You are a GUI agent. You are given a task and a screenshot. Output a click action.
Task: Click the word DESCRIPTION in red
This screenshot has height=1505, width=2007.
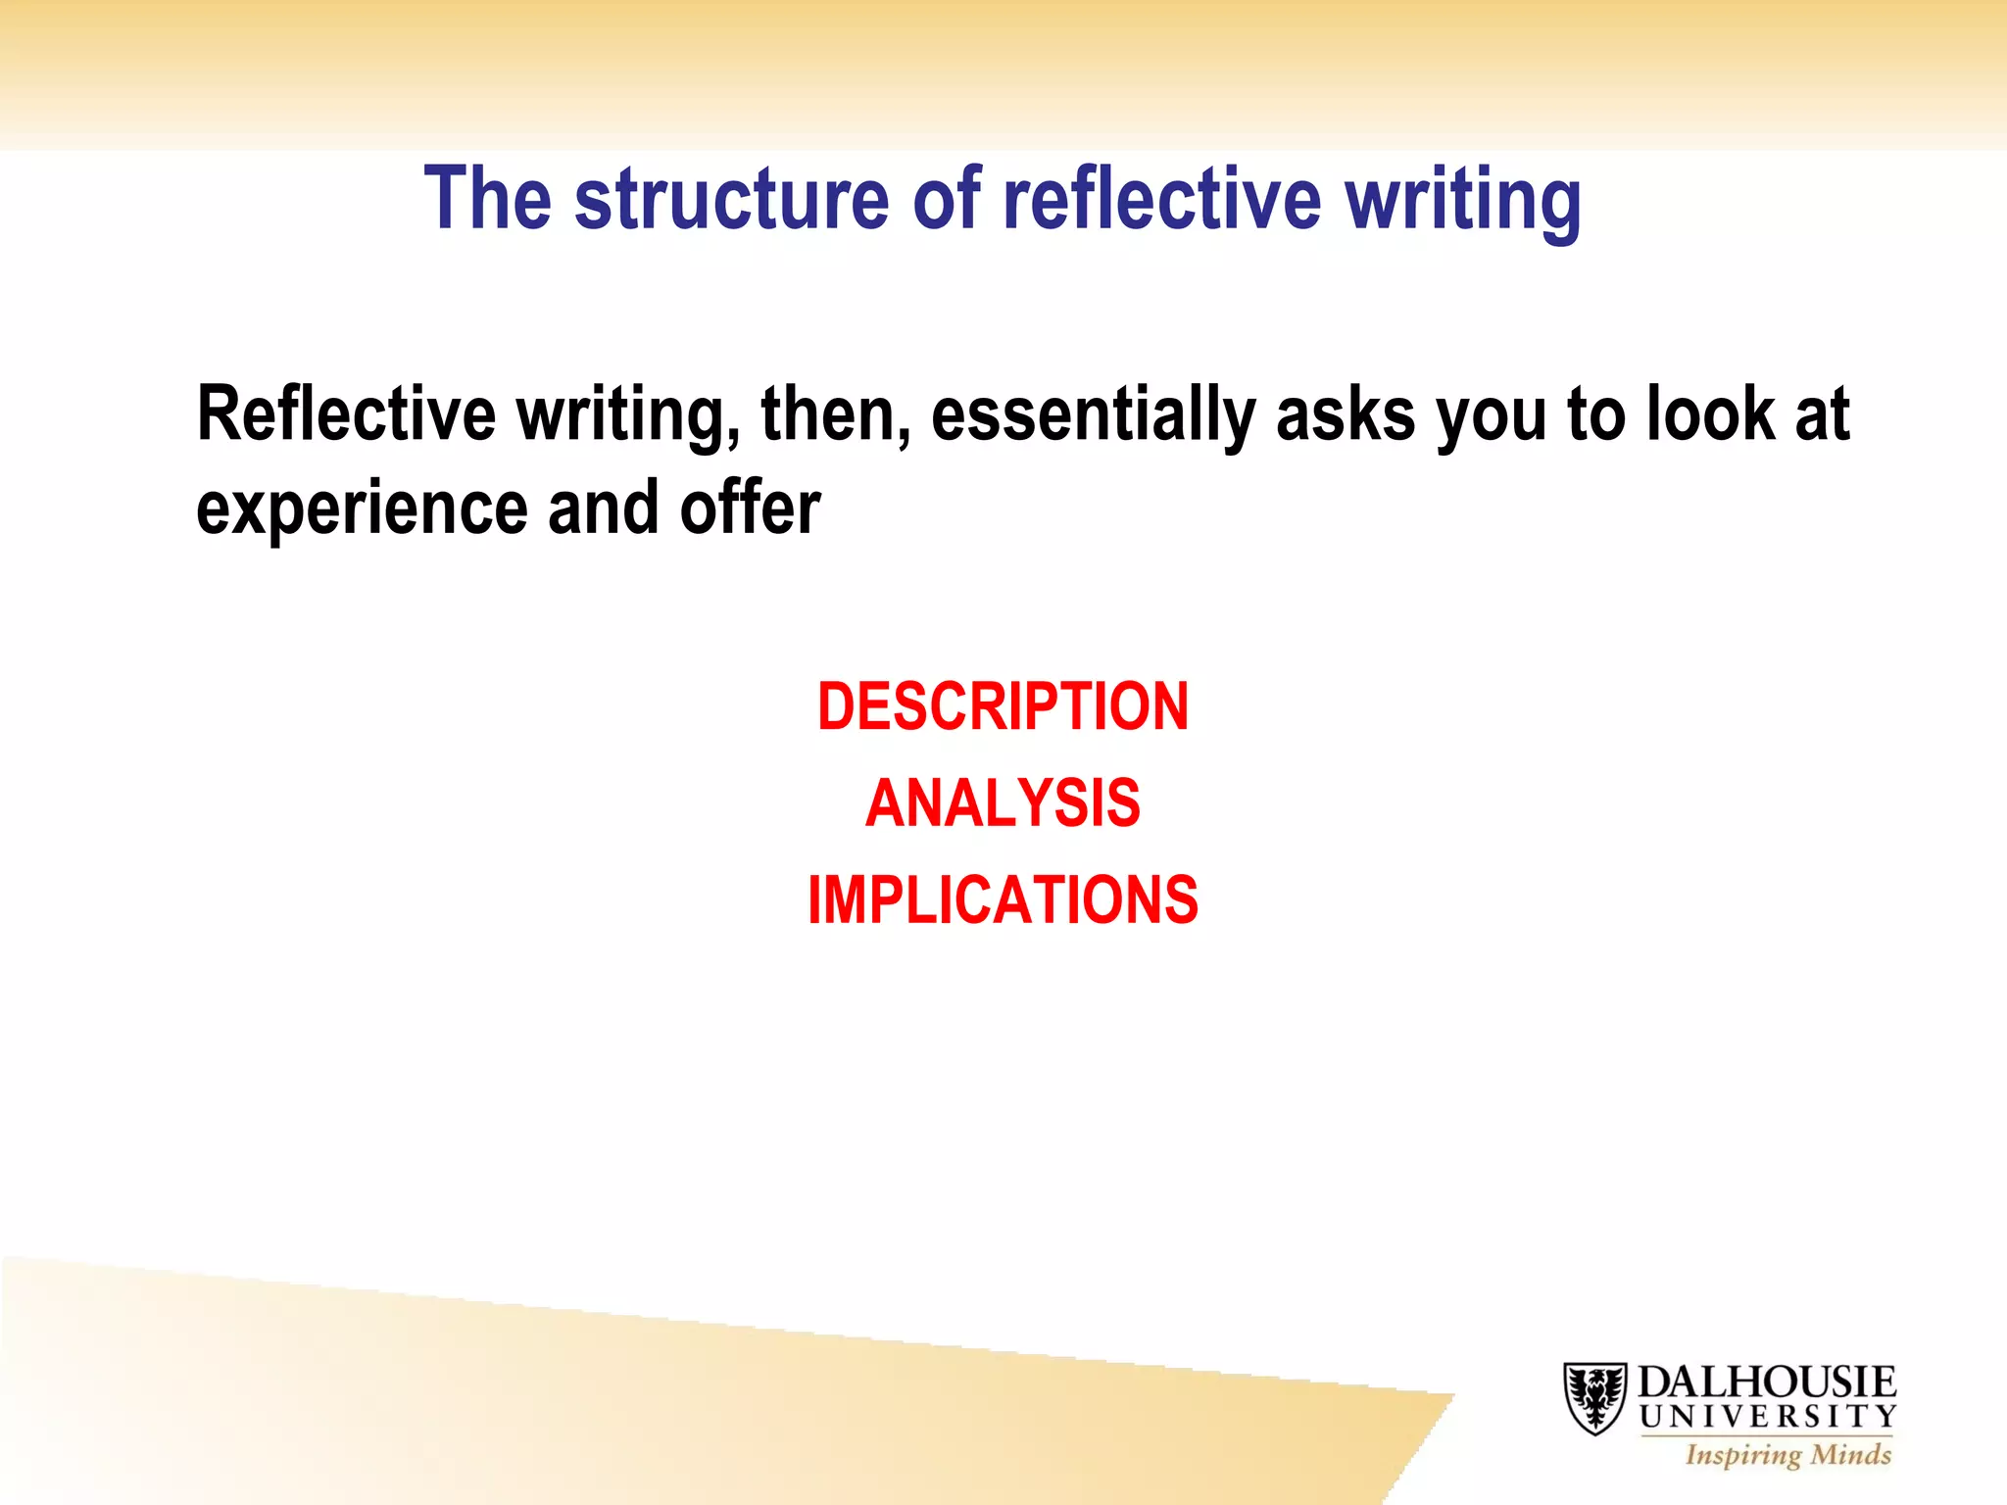pyautogui.click(x=1003, y=706)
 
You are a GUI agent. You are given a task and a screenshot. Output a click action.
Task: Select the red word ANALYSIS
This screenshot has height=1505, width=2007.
pyautogui.click(x=1003, y=803)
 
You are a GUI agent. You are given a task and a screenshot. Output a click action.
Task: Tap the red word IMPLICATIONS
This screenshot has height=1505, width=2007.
pyautogui.click(x=1003, y=899)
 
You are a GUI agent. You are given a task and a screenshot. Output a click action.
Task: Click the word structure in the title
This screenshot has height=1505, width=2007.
pyautogui.click(x=731, y=199)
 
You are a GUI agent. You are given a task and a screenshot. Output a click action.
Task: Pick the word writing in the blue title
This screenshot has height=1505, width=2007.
pyautogui.click(x=1462, y=201)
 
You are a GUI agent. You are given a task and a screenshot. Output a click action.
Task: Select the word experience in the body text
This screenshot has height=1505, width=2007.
pyautogui.click(x=362, y=510)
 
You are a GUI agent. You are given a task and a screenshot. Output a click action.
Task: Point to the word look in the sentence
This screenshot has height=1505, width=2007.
pyautogui.click(x=1710, y=414)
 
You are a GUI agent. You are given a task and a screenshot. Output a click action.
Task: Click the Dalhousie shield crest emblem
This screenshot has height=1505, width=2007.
pyautogui.click(x=1594, y=1397)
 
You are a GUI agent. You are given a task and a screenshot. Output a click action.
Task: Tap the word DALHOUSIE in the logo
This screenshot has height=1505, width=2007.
pyautogui.click(x=1767, y=1382)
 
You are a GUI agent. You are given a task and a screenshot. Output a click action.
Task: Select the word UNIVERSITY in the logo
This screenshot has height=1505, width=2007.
pyautogui.click(x=1768, y=1417)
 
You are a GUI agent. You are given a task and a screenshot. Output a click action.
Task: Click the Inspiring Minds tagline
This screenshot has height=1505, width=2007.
pyautogui.click(x=1787, y=1455)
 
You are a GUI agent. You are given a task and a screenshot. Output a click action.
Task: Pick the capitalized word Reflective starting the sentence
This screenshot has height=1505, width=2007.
pyautogui.click(x=346, y=414)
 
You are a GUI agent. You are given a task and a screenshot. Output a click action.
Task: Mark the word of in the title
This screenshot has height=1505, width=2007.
pyautogui.click(x=947, y=199)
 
